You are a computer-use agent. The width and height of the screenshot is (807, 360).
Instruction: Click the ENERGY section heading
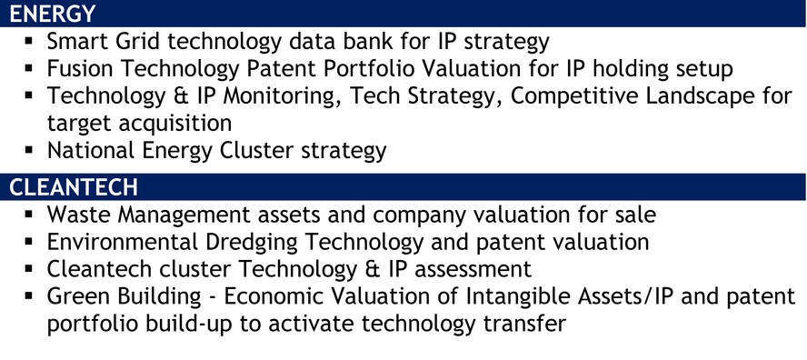(x=53, y=14)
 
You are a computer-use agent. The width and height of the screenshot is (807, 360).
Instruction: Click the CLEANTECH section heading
(x=73, y=187)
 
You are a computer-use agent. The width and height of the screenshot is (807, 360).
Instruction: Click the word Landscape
(x=697, y=96)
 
